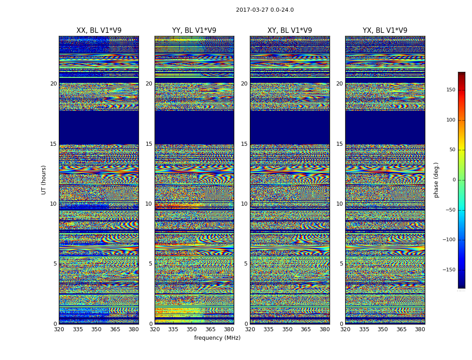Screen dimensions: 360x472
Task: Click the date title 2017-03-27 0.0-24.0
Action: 265,10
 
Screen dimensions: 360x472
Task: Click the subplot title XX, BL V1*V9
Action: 99,31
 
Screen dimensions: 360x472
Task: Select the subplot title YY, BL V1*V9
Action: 194,31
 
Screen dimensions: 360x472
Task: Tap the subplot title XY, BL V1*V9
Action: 289,31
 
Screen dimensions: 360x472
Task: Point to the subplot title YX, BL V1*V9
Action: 385,31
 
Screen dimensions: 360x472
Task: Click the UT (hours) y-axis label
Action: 44,180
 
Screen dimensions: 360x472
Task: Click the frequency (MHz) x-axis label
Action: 217,338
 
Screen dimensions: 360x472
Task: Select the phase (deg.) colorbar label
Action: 436,180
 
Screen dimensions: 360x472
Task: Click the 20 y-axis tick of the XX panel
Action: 53,84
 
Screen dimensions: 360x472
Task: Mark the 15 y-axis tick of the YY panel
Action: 149,144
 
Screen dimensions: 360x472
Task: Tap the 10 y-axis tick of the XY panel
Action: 244,204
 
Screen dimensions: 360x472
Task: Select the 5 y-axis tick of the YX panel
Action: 341,264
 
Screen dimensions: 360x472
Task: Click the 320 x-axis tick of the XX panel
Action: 59,329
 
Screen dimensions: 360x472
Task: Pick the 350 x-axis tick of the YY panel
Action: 192,329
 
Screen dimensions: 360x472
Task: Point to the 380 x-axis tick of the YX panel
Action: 420,329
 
